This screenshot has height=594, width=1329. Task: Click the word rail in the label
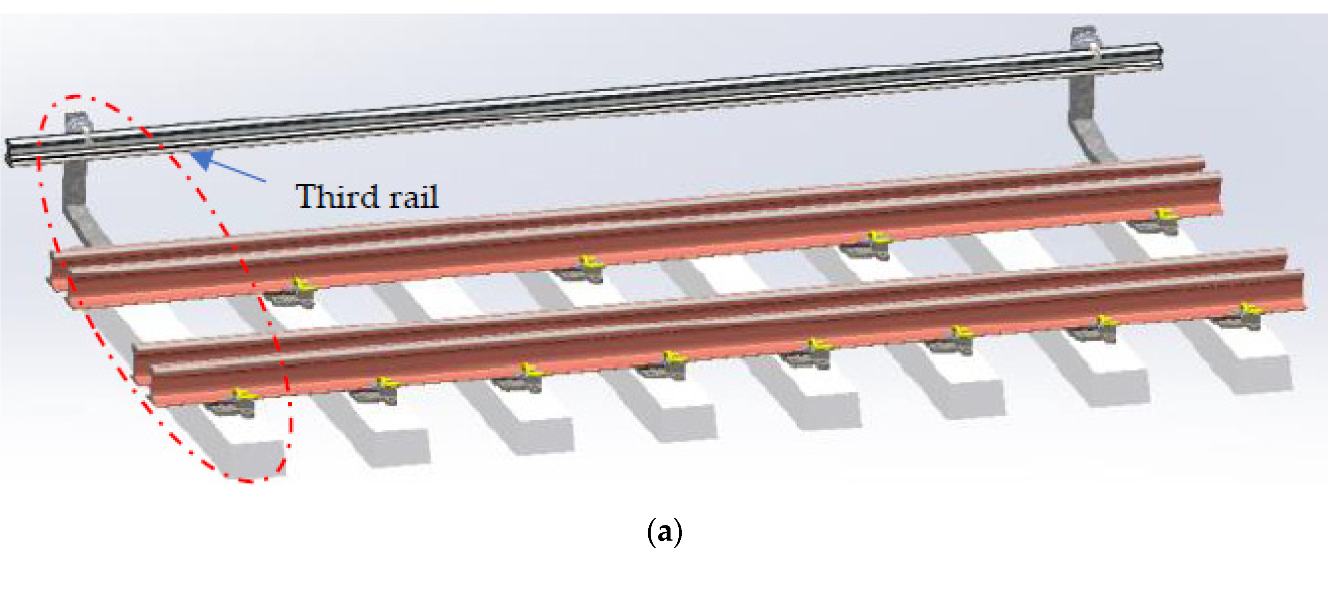pos(414,196)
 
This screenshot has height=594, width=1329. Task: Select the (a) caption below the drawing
pos(665,532)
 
